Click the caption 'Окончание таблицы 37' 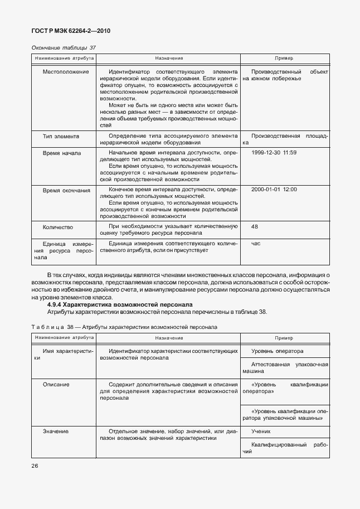coord(64,47)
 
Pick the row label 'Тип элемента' coord(61,136)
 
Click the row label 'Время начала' coord(62,152)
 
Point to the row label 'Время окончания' coord(66,190)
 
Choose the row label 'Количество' coord(58,227)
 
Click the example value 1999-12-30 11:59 coord(274,152)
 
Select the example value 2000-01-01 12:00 coord(274,190)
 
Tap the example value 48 coord(255,227)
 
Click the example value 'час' coord(256,244)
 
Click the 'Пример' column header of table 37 coord(284,58)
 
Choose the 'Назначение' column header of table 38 coord(169,338)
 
